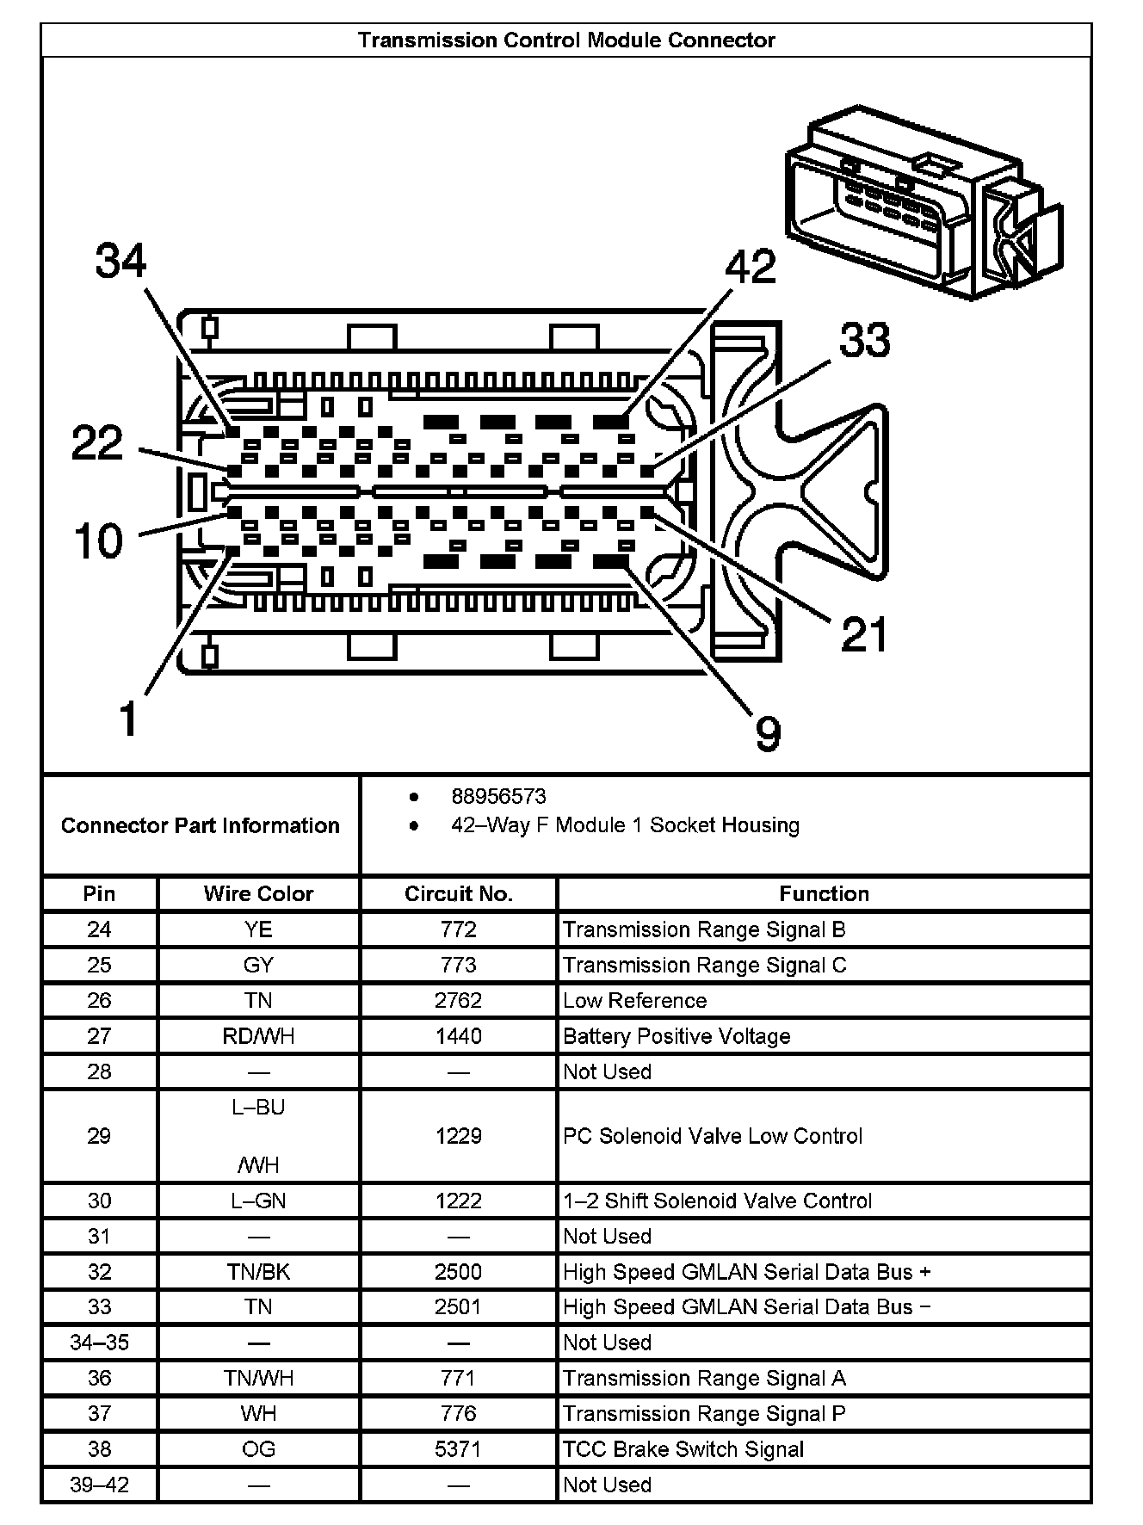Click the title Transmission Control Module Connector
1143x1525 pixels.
pos(566,40)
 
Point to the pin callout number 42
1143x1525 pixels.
pos(751,267)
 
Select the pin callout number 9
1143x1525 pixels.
pos(767,733)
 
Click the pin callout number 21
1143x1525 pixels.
pos(864,634)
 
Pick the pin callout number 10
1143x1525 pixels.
pos(99,541)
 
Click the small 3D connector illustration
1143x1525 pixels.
pos(923,203)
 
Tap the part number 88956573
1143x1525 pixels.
pos(498,797)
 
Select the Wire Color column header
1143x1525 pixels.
pos(258,893)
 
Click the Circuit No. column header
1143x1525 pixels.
pos(458,893)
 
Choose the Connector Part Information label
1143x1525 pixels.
pos(200,825)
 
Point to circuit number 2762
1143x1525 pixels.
pos(458,1000)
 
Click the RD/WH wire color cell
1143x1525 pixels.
pos(258,1036)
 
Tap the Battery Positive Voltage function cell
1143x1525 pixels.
pos(677,1036)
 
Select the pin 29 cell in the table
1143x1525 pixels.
pos(99,1136)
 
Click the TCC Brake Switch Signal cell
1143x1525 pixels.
pos(683,1449)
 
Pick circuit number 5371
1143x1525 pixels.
pos(458,1449)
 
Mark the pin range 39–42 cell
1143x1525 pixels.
pos(99,1485)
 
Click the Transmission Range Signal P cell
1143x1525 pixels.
pos(704,1414)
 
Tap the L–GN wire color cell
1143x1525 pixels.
pos(258,1201)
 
